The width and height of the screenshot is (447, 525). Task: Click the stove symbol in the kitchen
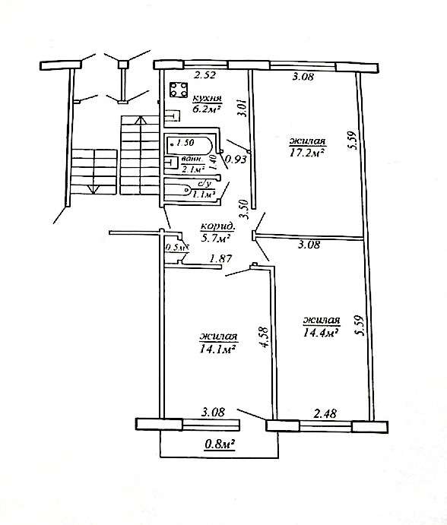178,90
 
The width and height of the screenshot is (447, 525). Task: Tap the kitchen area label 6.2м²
206,109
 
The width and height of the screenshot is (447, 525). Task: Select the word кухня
207,99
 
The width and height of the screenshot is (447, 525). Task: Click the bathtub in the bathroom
189,145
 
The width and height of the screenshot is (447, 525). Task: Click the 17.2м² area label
307,153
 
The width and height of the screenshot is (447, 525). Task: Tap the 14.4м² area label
320,333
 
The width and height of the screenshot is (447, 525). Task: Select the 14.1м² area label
217,349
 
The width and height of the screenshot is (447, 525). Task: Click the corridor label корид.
218,226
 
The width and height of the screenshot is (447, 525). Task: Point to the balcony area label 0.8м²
220,444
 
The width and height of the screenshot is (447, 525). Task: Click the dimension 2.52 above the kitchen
204,74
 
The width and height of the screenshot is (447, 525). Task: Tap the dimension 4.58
264,337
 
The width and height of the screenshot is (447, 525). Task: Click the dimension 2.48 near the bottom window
325,413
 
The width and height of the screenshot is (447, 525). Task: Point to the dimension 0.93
236,159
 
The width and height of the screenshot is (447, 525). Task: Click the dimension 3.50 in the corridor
245,209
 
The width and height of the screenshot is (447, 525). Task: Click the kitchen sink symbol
173,115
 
